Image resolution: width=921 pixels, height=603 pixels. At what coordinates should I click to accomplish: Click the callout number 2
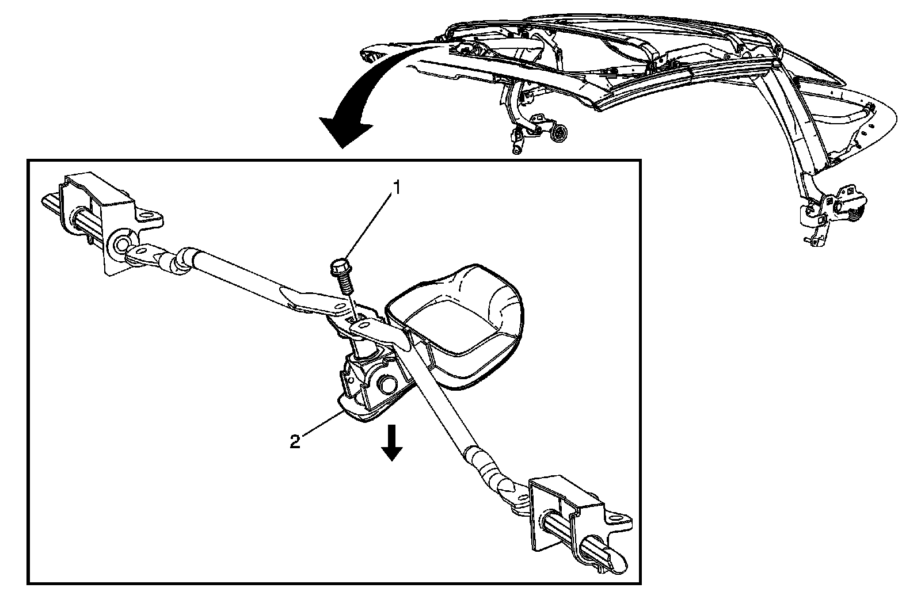click(295, 442)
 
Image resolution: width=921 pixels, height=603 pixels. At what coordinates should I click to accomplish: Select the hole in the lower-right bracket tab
click(620, 518)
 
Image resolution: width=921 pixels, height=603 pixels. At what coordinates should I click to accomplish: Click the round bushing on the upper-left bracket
click(122, 244)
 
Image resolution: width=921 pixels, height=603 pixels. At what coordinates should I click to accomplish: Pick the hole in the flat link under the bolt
click(363, 325)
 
